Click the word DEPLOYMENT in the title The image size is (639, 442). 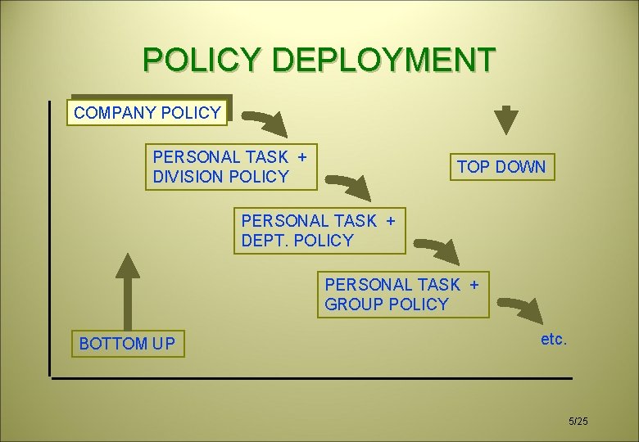384,60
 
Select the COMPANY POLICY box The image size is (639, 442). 147,112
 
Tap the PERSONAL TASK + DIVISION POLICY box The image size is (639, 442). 230,166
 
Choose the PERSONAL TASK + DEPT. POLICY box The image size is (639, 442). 319,230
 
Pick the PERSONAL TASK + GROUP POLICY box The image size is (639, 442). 402,294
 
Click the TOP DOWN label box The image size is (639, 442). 501,166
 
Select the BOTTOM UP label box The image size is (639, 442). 127,343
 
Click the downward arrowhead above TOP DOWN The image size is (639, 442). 508,121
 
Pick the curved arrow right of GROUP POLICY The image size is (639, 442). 523,313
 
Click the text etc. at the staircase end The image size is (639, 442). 553,339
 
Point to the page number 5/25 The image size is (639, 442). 578,421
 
